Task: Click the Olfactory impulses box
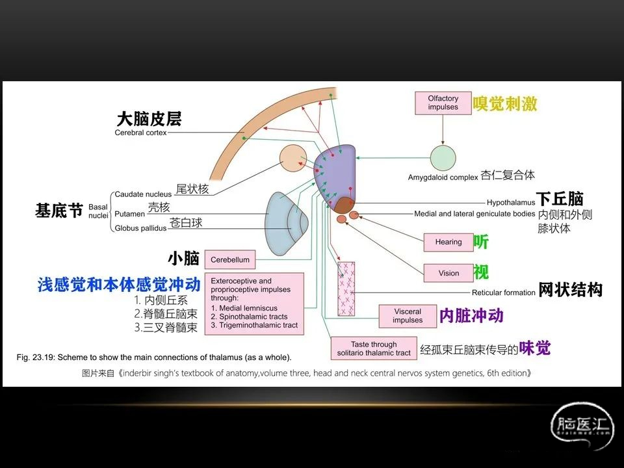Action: coord(443,103)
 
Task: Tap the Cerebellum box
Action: coord(229,259)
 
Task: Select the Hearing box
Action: coord(448,242)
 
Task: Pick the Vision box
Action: coord(448,273)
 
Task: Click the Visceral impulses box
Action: coord(408,316)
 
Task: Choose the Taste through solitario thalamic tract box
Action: coord(373,348)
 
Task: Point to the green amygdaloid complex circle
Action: coord(443,159)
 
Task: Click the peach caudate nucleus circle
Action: coord(293,159)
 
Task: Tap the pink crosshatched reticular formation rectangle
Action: coord(346,288)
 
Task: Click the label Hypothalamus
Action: coord(510,202)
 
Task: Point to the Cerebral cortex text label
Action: coord(140,133)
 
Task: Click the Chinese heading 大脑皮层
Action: coord(149,119)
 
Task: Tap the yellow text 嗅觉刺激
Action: coord(505,103)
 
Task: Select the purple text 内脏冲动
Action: coord(471,316)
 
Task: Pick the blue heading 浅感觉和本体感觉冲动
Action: coord(119,285)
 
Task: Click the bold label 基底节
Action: coord(59,211)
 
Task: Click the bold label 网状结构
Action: coord(570,290)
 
